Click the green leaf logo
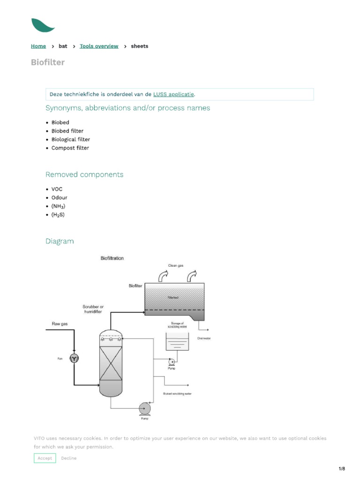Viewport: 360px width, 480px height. (42, 25)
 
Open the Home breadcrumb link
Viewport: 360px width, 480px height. (38, 46)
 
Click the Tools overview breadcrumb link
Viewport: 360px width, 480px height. (99, 46)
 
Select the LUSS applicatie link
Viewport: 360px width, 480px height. (173, 94)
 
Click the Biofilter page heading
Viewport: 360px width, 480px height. (48, 62)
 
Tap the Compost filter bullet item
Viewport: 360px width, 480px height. (70, 148)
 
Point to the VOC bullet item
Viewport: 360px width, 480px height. (57, 189)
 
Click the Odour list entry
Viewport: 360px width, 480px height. (60, 198)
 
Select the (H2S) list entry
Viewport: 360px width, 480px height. (58, 215)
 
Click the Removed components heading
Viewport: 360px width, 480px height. (84, 174)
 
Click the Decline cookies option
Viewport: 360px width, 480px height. (69, 458)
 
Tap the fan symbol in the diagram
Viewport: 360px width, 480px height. (74, 358)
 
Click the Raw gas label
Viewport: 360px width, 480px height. (60, 324)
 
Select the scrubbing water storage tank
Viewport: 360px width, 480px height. (177, 342)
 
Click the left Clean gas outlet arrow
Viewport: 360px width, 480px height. (164, 277)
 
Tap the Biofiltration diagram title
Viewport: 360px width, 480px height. (112, 258)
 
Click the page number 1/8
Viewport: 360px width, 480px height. (342, 469)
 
